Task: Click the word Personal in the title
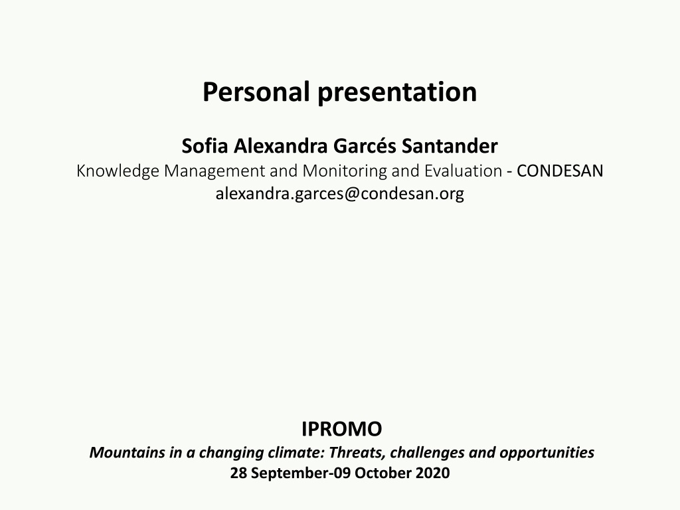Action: tap(256, 92)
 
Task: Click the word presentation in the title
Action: tap(397, 92)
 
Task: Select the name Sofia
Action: tap(205, 145)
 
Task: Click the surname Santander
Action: tap(450, 145)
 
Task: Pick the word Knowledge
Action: tap(118, 171)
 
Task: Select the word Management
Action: tap(214, 171)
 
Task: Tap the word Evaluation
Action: tap(463, 171)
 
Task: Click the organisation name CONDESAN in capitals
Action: tap(560, 171)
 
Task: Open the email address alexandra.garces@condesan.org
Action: tap(339, 193)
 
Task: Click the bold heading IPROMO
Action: tap(342, 429)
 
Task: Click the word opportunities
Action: tap(547, 453)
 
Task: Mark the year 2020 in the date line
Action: tap(432, 473)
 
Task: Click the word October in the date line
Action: tap(383, 473)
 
